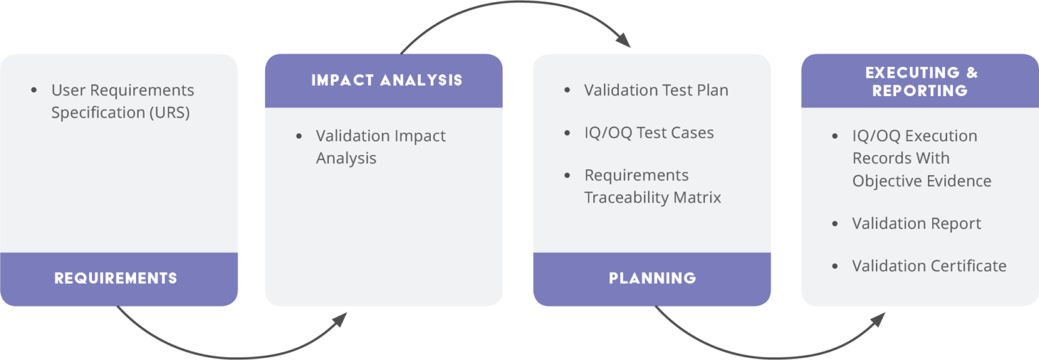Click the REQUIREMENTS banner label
pyautogui.click(x=116, y=278)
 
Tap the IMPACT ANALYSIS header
pyautogui.click(x=387, y=81)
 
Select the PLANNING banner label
pyautogui.click(x=652, y=278)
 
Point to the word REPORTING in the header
pyautogui.click(x=920, y=91)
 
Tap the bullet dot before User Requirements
pyautogui.click(x=34, y=90)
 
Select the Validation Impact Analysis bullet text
pyautogui.click(x=380, y=147)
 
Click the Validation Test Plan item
pyautogui.click(x=656, y=90)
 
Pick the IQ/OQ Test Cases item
pyautogui.click(x=649, y=133)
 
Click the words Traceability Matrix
pyautogui.click(x=653, y=198)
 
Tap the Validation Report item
pyautogui.click(x=917, y=223)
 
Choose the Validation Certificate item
pyautogui.click(x=929, y=266)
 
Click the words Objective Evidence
pyautogui.click(x=921, y=181)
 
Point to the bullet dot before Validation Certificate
pyautogui.click(x=835, y=266)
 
